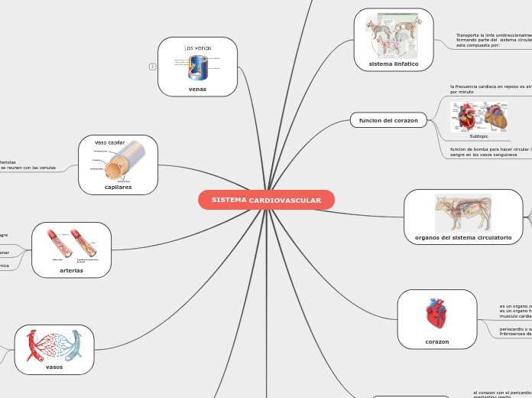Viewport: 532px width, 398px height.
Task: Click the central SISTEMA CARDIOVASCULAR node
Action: (x=266, y=200)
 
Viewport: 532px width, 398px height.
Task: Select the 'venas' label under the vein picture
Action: (x=197, y=89)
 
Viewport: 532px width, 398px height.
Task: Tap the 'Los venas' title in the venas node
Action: (x=197, y=48)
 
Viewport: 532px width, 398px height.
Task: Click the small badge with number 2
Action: (x=152, y=67)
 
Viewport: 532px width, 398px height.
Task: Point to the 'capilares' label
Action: (x=118, y=186)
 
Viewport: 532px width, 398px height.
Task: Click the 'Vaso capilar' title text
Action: (x=110, y=142)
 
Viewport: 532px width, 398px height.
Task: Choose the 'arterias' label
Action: (x=71, y=270)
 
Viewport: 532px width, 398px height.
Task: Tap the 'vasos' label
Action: (x=54, y=367)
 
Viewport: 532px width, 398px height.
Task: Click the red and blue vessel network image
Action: (x=54, y=345)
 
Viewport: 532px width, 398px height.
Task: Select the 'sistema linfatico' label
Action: (x=394, y=64)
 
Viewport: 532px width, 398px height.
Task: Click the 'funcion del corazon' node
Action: (x=388, y=120)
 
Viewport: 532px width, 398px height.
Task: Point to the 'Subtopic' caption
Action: (x=478, y=136)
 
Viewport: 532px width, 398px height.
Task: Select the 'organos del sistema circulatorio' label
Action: (x=463, y=238)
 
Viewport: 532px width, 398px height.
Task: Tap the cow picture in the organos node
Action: (x=463, y=213)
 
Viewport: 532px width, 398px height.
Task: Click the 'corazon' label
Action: (x=437, y=341)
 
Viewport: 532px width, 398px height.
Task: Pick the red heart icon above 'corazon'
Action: (x=436, y=315)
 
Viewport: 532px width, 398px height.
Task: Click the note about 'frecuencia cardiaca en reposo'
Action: (x=489, y=89)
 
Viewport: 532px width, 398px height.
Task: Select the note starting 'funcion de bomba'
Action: (x=489, y=152)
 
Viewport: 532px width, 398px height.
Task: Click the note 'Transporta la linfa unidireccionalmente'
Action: (x=492, y=40)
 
